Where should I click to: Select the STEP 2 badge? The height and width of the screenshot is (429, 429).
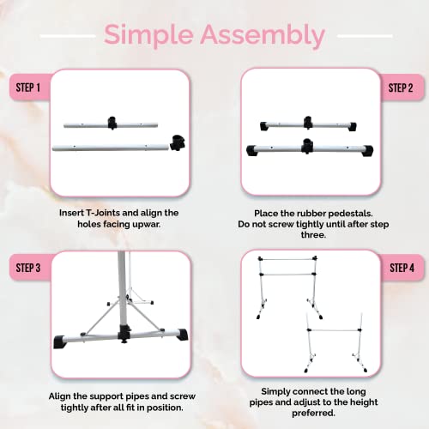point(400,88)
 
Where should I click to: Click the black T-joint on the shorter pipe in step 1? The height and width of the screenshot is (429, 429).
point(112,121)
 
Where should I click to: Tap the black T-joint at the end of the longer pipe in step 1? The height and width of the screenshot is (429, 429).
point(178,142)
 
